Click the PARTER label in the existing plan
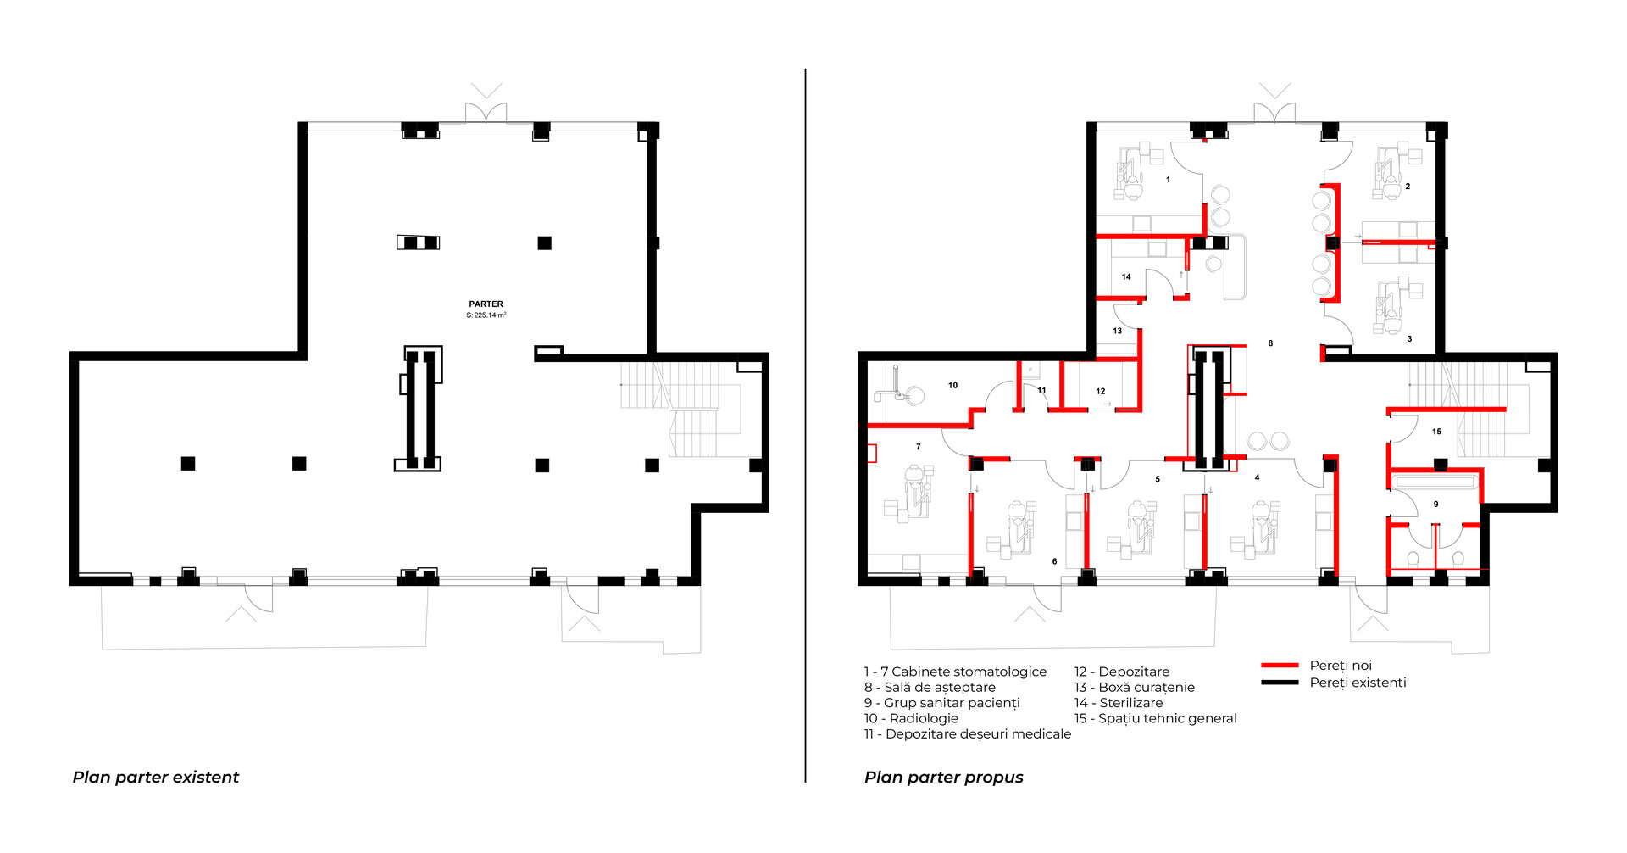pos(486,304)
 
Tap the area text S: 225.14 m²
pos(486,315)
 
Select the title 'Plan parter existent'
pos(156,778)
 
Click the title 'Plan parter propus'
pos(944,778)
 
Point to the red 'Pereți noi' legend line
pos(1280,666)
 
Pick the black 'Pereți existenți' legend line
pos(1280,683)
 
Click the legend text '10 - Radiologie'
pos(911,718)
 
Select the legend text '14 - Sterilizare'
pos(1119,703)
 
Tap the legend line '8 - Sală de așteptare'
pos(930,688)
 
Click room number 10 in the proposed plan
pos(952,385)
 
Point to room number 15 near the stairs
pos(1436,432)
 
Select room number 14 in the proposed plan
pos(1126,277)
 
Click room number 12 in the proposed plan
pos(1100,392)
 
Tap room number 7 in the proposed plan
pos(918,447)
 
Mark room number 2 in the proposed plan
pos(1408,187)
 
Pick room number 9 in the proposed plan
pos(1435,505)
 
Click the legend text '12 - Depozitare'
pos(1122,672)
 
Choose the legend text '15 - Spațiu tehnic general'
pos(1156,719)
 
